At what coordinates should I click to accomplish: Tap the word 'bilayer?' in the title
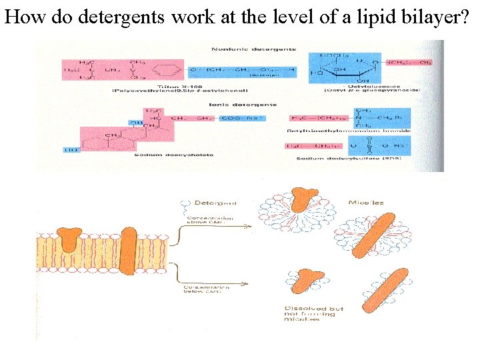(x=440, y=17)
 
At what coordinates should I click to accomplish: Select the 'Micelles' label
(x=365, y=202)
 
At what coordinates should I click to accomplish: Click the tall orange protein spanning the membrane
(x=129, y=249)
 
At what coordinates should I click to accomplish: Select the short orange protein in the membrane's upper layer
(x=69, y=239)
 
